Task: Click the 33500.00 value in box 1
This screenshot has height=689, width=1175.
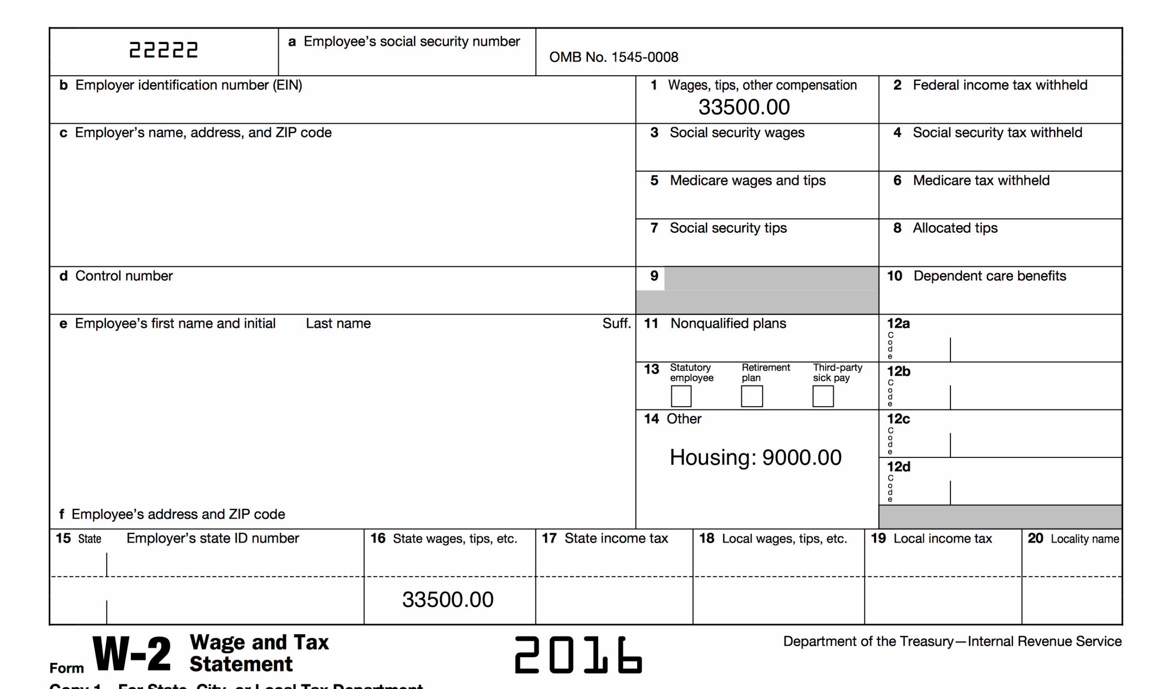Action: (744, 107)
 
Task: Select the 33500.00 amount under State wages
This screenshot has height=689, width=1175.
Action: (448, 600)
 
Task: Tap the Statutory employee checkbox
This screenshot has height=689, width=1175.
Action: (681, 396)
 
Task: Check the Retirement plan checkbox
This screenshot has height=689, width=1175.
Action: (752, 396)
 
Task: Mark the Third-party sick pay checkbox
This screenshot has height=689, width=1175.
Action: (823, 396)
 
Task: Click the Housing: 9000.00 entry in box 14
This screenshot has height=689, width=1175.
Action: (755, 457)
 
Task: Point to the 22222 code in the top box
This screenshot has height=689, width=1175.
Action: (163, 50)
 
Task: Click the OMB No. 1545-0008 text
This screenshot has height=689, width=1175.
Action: (614, 57)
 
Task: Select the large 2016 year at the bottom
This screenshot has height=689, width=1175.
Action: (578, 655)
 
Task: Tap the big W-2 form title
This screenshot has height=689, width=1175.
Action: (132, 654)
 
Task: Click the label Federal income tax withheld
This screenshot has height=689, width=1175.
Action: (1000, 85)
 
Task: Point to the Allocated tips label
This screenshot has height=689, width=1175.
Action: (955, 228)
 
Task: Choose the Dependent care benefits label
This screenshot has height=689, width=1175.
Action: (990, 276)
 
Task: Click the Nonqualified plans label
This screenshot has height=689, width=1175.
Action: (728, 324)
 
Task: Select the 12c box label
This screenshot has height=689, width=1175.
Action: (898, 419)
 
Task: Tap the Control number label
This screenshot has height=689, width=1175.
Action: (123, 276)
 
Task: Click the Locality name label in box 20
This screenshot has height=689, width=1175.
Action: (1085, 539)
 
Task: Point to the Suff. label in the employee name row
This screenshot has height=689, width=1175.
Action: (616, 324)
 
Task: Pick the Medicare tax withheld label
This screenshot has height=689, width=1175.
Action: (981, 181)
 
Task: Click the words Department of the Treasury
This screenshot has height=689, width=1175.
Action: (868, 641)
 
